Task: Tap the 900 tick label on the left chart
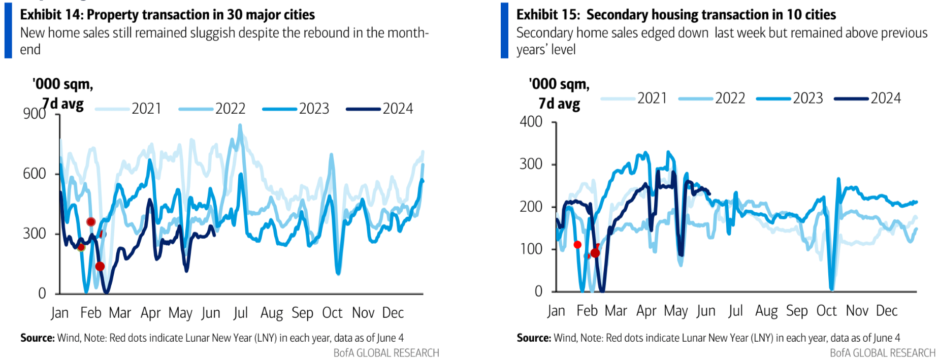pos(35,113)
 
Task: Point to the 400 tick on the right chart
pos(531,122)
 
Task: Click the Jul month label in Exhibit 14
pos(240,313)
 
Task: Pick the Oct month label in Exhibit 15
pos(826,311)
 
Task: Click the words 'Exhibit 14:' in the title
pos(52,15)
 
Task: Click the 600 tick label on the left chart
pos(35,174)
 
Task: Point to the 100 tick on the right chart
pos(531,249)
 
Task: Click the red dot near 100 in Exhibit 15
pos(577,245)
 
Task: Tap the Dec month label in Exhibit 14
pos(393,313)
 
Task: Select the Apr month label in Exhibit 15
pos(646,311)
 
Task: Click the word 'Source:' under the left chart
pos(37,338)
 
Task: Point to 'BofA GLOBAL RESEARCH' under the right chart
pos(883,353)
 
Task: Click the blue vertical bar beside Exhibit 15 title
pos(504,30)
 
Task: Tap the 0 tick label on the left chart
pos(42,293)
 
